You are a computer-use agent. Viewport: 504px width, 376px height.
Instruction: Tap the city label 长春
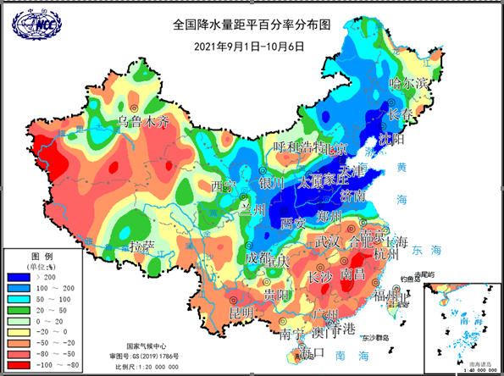[x=400, y=114]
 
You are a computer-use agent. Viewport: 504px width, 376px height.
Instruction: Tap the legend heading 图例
[x=42, y=256]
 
